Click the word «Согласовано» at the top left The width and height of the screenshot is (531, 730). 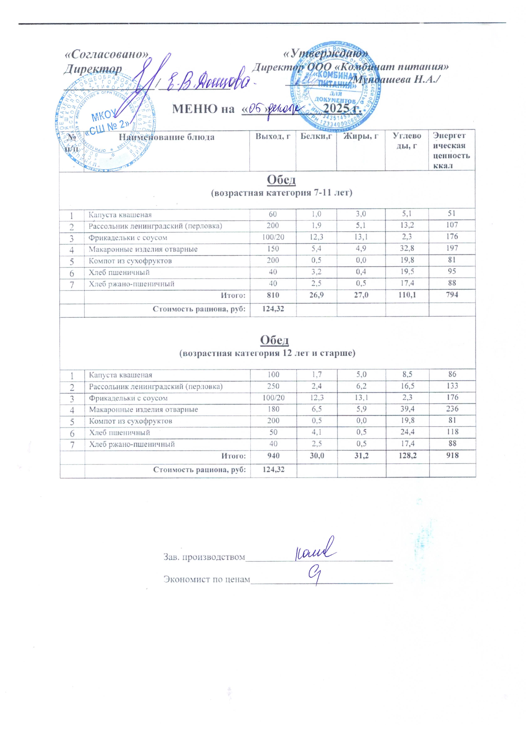click(x=107, y=54)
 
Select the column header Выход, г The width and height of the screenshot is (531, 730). click(x=273, y=136)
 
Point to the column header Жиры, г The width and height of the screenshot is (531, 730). click(x=361, y=136)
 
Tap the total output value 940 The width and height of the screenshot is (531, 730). click(x=273, y=455)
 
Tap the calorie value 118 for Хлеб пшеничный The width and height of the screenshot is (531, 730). click(x=452, y=432)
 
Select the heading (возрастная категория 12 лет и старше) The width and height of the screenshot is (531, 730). click(x=267, y=353)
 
